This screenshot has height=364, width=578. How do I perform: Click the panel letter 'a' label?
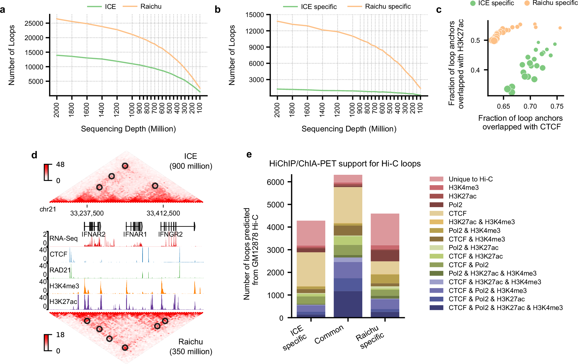(x=3, y=10)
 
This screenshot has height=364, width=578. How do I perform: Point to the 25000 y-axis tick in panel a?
(x=34, y=23)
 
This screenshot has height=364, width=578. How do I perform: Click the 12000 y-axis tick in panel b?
(x=254, y=31)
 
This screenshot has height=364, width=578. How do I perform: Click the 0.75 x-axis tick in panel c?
(x=557, y=106)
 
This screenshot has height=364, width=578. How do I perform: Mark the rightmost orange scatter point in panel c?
(x=560, y=28)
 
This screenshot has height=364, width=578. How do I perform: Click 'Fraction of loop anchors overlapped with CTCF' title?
(x=520, y=122)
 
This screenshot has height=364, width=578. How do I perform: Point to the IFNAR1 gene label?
(x=135, y=234)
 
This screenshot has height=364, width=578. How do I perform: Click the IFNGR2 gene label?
(x=170, y=234)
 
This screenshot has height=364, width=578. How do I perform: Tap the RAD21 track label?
(x=60, y=270)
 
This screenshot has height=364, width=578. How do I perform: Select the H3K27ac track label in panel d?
(x=63, y=302)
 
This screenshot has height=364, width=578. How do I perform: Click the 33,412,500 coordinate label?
(x=163, y=213)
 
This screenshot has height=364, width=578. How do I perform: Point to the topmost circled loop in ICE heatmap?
(x=125, y=166)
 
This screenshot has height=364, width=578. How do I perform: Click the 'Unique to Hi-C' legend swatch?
(x=436, y=179)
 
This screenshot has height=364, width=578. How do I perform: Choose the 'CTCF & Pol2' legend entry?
(x=468, y=265)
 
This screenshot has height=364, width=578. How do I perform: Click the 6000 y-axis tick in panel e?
(x=275, y=182)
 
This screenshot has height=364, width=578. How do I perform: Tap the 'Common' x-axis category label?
(x=329, y=334)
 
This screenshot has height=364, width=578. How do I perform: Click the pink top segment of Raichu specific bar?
(x=385, y=229)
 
